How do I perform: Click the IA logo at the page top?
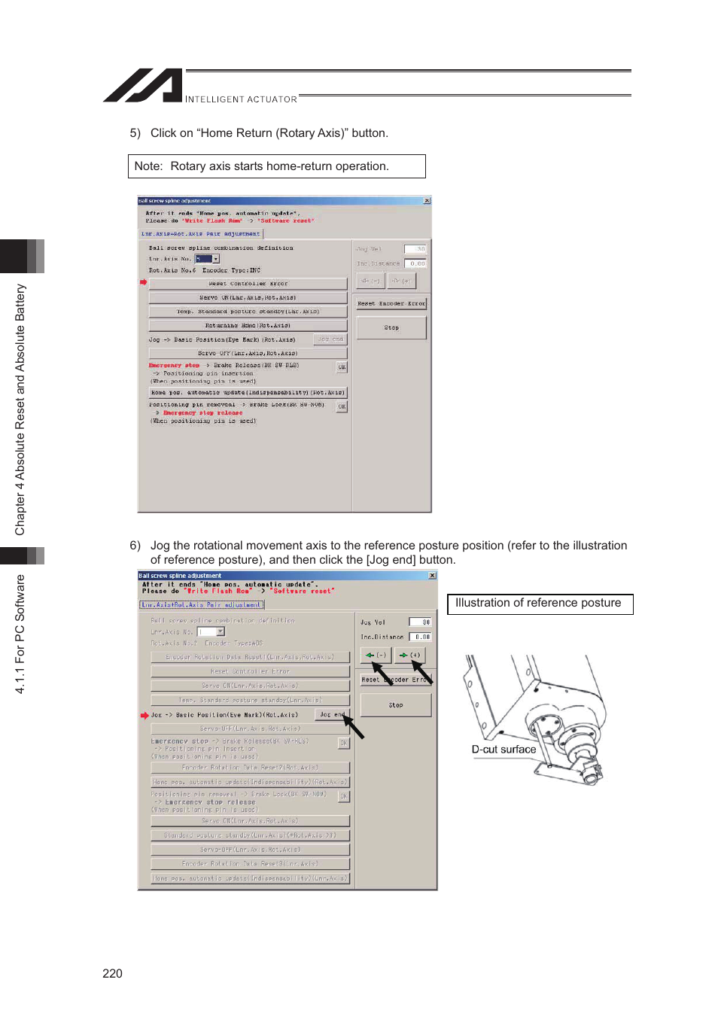[143, 86]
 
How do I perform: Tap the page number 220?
[112, 973]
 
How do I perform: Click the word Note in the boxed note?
[148, 166]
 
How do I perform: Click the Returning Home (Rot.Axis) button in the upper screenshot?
[248, 326]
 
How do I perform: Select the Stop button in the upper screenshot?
[391, 327]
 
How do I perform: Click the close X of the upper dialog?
[427, 201]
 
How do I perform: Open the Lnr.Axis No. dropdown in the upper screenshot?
[215, 259]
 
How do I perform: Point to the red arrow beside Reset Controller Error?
[143, 282]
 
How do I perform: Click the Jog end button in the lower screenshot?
[332, 715]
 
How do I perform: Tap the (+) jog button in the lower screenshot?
[411, 656]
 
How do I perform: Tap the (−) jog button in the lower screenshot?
[376, 656]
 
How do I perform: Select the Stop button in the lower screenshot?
[396, 705]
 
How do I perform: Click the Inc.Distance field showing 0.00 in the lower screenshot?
[420, 637]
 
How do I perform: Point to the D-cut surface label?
[504, 750]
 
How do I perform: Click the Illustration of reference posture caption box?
[539, 604]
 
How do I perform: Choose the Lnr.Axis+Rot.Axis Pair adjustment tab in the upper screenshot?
[201, 234]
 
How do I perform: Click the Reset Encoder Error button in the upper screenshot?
[391, 303]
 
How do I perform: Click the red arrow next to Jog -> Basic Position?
[145, 715]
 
